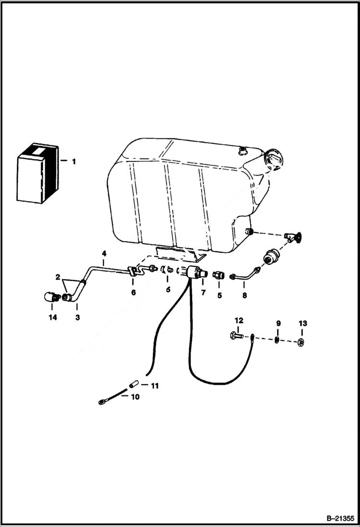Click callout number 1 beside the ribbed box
tap(74, 162)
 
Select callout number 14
tap(52, 318)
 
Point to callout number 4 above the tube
tap(104, 253)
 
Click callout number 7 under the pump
tap(203, 293)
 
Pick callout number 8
tap(244, 295)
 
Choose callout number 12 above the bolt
tap(239, 320)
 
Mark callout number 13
tap(302, 323)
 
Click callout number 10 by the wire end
tap(135, 397)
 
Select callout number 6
tap(133, 292)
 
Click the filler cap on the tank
tap(274, 158)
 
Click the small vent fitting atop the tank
tap(241, 151)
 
